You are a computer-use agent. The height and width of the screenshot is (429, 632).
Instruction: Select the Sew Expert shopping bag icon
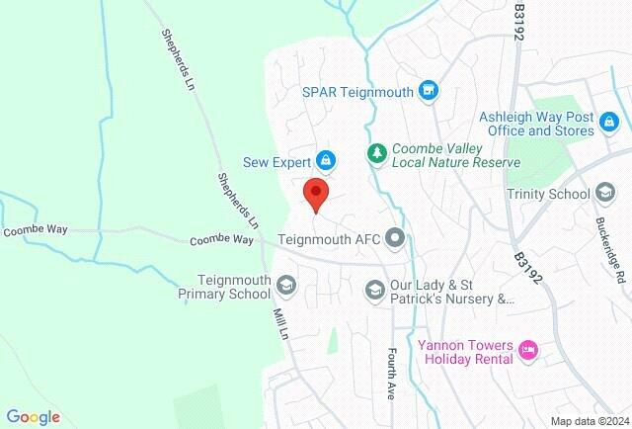point(325,158)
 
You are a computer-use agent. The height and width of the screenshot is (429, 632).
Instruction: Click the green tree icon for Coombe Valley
point(376,152)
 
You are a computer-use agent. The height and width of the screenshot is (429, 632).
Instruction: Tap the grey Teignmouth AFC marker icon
point(395,237)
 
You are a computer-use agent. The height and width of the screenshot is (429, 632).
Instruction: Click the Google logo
point(33,417)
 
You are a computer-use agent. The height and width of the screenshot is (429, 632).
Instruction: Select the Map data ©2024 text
point(589,420)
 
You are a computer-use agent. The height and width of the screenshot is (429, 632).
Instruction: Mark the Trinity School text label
point(547,195)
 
